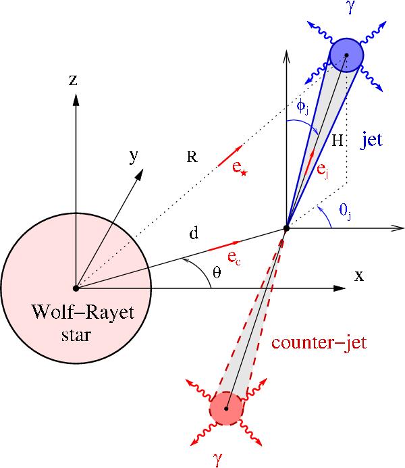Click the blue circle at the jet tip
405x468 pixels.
pyautogui.click(x=346, y=55)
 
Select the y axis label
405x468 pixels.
pyautogui.click(x=134, y=157)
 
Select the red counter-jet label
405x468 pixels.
pyautogui.click(x=319, y=342)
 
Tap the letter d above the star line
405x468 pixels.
pyautogui.click(x=194, y=234)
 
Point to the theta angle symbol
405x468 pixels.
pyautogui.click(x=216, y=273)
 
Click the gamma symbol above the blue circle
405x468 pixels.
pyautogui.click(x=348, y=7)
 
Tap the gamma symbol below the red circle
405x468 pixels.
pyautogui.click(x=217, y=459)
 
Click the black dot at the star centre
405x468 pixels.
pyautogui.click(x=76, y=288)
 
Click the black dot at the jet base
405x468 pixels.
pyautogui.click(x=287, y=229)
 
